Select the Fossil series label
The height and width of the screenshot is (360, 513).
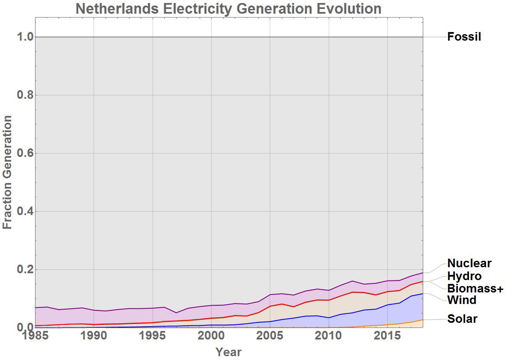(x=464, y=37)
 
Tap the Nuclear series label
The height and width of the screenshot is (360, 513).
(x=469, y=263)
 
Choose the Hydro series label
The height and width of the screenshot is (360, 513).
(x=464, y=276)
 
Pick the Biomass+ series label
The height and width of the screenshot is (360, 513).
(x=475, y=288)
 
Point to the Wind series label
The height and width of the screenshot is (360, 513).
(x=461, y=300)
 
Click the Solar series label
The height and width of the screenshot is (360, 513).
(x=462, y=319)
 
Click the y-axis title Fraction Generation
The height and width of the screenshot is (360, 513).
(x=8, y=172)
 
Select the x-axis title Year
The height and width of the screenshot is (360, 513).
(x=228, y=352)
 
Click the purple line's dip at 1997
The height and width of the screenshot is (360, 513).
(x=176, y=313)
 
